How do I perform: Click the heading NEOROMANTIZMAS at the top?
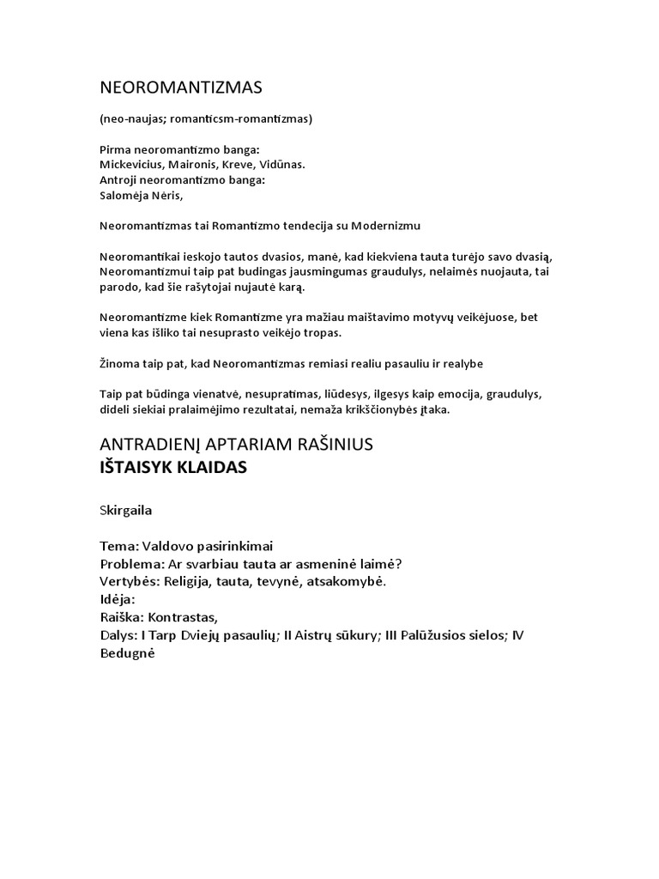click(180, 88)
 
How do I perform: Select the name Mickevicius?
click(131, 164)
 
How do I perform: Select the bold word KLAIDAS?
click(209, 469)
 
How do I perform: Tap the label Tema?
click(119, 546)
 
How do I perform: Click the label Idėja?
click(119, 599)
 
